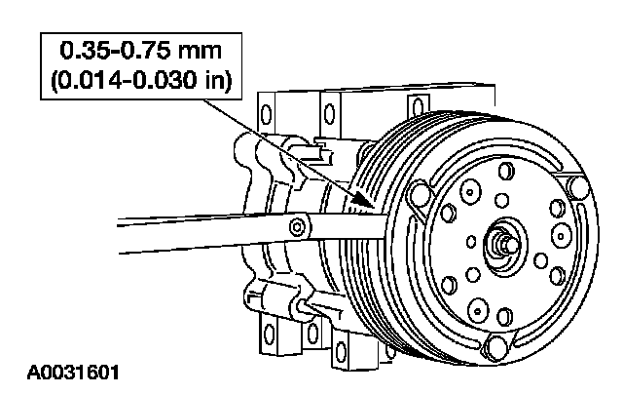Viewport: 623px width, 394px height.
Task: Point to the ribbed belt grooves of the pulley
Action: (365, 185)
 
